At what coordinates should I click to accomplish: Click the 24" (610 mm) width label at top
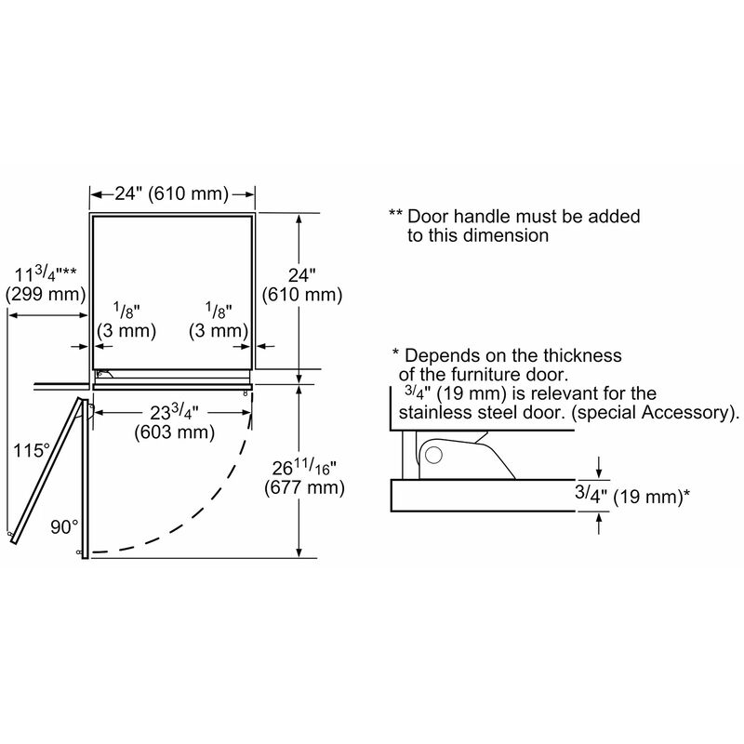click(172, 193)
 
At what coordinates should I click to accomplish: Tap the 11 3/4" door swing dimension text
click(46, 274)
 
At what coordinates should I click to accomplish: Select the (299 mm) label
click(46, 294)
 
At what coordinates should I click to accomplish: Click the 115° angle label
click(32, 450)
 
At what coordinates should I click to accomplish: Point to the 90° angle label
click(64, 526)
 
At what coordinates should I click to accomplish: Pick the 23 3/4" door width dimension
click(174, 413)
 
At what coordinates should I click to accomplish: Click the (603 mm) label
click(174, 432)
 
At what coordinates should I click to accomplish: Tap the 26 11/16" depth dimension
click(304, 468)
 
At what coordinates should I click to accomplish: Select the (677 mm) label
click(304, 487)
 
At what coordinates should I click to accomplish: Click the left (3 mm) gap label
click(126, 331)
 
